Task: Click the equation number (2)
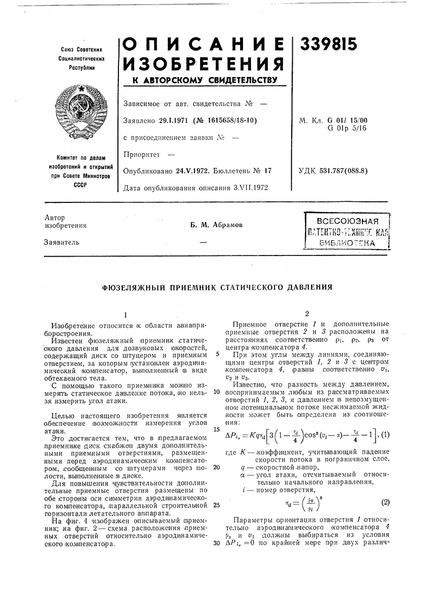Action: click(x=385, y=502)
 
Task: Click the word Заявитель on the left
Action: click(x=61, y=242)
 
